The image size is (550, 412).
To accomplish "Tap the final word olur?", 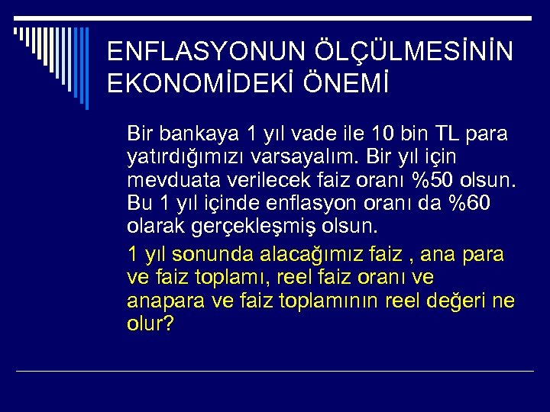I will pos(150,323).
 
